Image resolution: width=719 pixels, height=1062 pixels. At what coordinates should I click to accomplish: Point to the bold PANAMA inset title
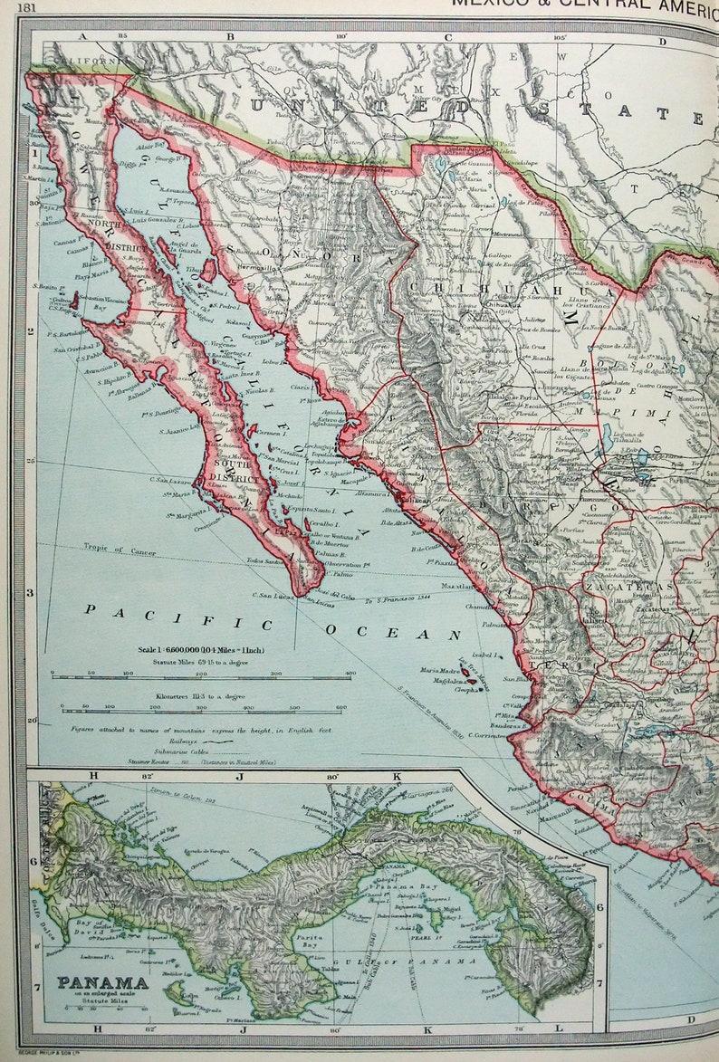click(x=102, y=982)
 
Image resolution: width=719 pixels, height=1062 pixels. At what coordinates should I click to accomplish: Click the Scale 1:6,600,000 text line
click(x=201, y=650)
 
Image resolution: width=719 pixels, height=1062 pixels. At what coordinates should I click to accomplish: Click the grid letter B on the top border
click(x=229, y=37)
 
